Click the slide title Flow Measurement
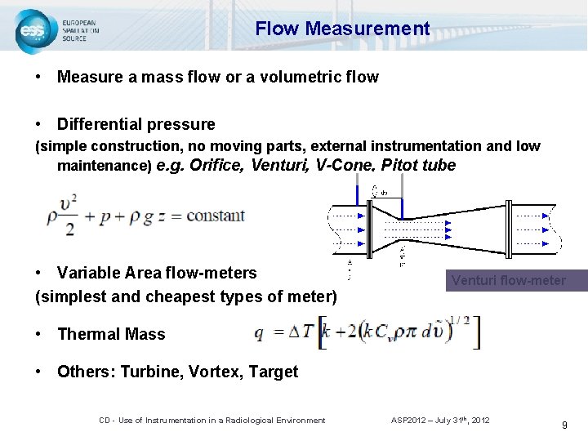point(341,29)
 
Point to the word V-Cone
point(345,165)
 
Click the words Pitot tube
point(418,165)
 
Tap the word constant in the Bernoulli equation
point(215,216)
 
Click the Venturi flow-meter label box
point(508,281)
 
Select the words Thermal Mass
point(111,334)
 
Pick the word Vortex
point(214,372)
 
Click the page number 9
point(563,425)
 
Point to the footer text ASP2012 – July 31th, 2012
point(440,420)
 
